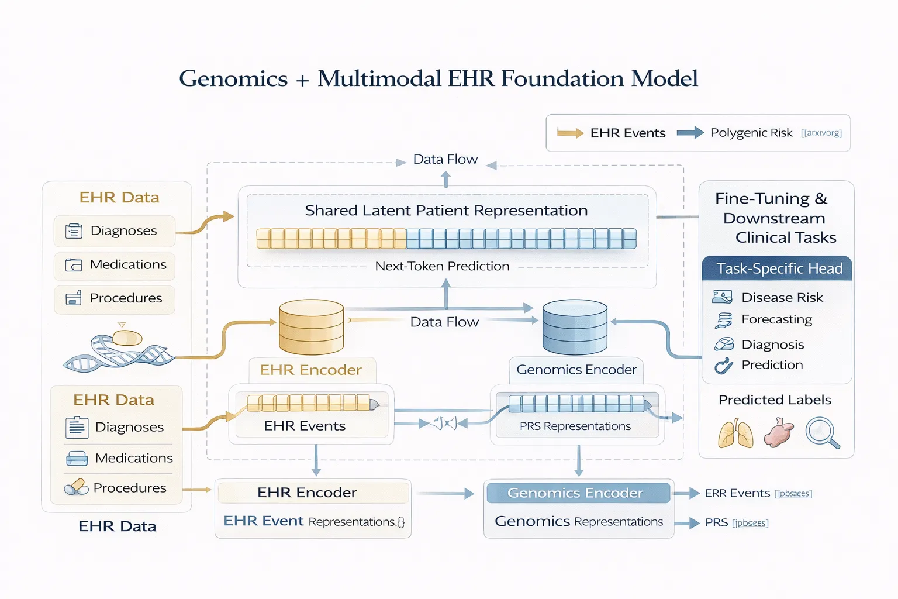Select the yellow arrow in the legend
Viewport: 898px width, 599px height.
click(570, 133)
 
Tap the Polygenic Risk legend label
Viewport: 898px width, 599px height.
click(751, 133)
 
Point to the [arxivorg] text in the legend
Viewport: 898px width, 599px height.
click(821, 133)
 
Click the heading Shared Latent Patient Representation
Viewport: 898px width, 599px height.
click(446, 211)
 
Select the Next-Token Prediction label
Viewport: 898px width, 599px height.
click(442, 266)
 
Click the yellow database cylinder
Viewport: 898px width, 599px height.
click(311, 327)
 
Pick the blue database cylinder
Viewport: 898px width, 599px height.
click(575, 327)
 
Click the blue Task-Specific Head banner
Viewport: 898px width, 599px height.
click(776, 268)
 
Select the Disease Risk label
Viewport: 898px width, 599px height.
click(782, 298)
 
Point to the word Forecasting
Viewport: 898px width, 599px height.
click(776, 319)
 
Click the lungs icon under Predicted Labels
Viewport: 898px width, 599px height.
click(735, 433)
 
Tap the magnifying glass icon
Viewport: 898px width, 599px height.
click(822, 433)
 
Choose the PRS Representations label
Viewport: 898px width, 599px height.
click(575, 426)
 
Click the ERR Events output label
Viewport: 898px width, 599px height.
click(737, 493)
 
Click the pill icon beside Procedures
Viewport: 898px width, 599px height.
click(76, 487)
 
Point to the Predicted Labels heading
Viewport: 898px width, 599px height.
click(775, 400)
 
